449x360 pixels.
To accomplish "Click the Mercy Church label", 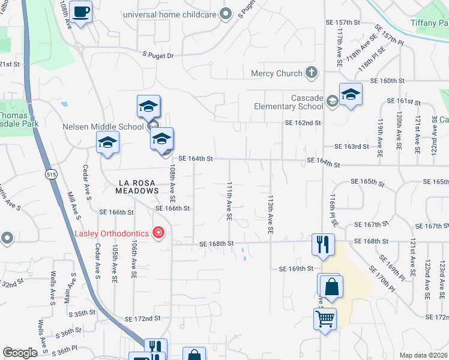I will [276, 73].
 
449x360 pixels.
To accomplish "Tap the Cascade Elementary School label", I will [290, 102].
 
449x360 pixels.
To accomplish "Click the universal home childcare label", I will [169, 14].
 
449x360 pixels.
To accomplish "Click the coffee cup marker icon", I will [80, 11].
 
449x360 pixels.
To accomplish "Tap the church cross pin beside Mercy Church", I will [311, 73].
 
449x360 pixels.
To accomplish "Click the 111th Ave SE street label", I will [229, 202].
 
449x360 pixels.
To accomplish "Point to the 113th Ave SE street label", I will [270, 214].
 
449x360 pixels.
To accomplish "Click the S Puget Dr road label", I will [158, 55].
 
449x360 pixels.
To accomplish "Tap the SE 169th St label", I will [296, 269].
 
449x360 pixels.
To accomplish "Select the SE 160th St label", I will [388, 80].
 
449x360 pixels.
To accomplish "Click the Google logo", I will [20, 353].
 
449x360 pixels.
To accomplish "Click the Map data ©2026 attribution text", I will [423, 355].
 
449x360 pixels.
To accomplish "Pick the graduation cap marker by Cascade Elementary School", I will [350, 94].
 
